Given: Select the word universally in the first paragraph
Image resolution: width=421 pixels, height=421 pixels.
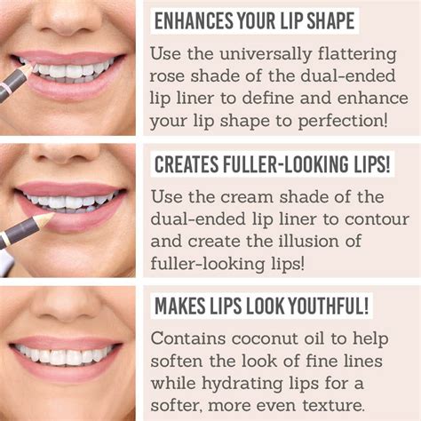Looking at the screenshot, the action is click(266, 55).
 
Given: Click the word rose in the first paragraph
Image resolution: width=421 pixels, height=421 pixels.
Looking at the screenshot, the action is click(166, 77).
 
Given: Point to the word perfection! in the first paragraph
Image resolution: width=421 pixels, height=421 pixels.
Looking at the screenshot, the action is click(343, 122).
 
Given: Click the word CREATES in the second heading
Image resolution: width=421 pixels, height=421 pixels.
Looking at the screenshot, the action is click(187, 164).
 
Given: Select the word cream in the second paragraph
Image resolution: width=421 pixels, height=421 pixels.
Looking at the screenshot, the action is click(246, 198).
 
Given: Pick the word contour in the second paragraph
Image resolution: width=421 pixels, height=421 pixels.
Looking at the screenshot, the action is click(377, 220).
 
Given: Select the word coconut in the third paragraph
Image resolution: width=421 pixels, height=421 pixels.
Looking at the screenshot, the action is click(265, 339).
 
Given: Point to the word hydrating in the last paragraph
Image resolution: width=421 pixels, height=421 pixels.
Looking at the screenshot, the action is click(242, 384).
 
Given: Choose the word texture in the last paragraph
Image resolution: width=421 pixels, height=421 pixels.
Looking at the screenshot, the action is click(333, 406).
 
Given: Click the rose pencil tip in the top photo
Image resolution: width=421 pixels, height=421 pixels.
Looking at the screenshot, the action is click(28, 69).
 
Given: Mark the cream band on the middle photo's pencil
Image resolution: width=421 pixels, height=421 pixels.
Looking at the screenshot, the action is click(4, 239).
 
